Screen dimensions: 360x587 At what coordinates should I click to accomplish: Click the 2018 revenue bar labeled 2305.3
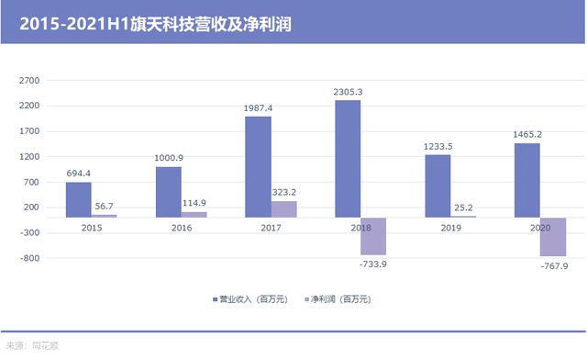[348, 159]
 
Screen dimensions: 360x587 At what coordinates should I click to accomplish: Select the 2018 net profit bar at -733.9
[373, 236]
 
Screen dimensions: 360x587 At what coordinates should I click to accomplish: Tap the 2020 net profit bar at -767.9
[553, 237]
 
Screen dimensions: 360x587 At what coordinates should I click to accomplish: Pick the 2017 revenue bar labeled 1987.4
[258, 167]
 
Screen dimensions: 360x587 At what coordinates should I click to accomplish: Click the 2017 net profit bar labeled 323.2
[283, 209]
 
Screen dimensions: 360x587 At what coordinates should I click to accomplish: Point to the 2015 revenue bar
[78, 199]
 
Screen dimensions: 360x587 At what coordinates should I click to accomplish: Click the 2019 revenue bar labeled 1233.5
[437, 186]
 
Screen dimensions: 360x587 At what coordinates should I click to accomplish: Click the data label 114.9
[194, 203]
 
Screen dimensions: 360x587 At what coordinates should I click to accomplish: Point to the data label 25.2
[463, 208]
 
